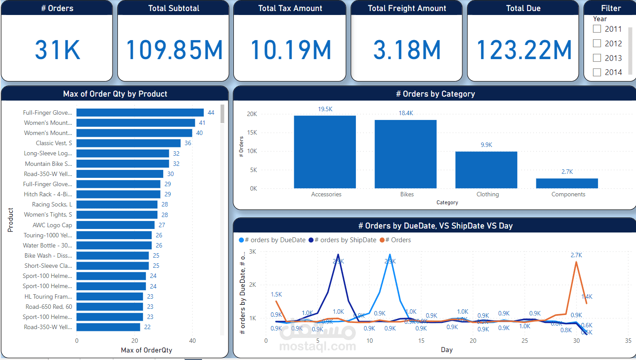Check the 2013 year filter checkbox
(x=597, y=58)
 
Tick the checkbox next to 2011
(x=597, y=29)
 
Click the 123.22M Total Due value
(x=524, y=49)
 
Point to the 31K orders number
(x=57, y=49)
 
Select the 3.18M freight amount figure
(x=407, y=49)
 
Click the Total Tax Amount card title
(x=290, y=8)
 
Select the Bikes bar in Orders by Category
(x=405, y=154)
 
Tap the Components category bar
(x=567, y=183)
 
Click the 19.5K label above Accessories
(x=325, y=109)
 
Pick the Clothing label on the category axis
(x=487, y=194)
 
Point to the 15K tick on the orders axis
(x=251, y=132)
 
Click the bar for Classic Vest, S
(x=128, y=143)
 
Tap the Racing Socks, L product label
(x=52, y=204)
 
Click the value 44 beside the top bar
(x=211, y=112)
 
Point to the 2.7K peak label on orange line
(x=576, y=255)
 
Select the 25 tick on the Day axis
(x=524, y=341)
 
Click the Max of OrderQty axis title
(x=146, y=350)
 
